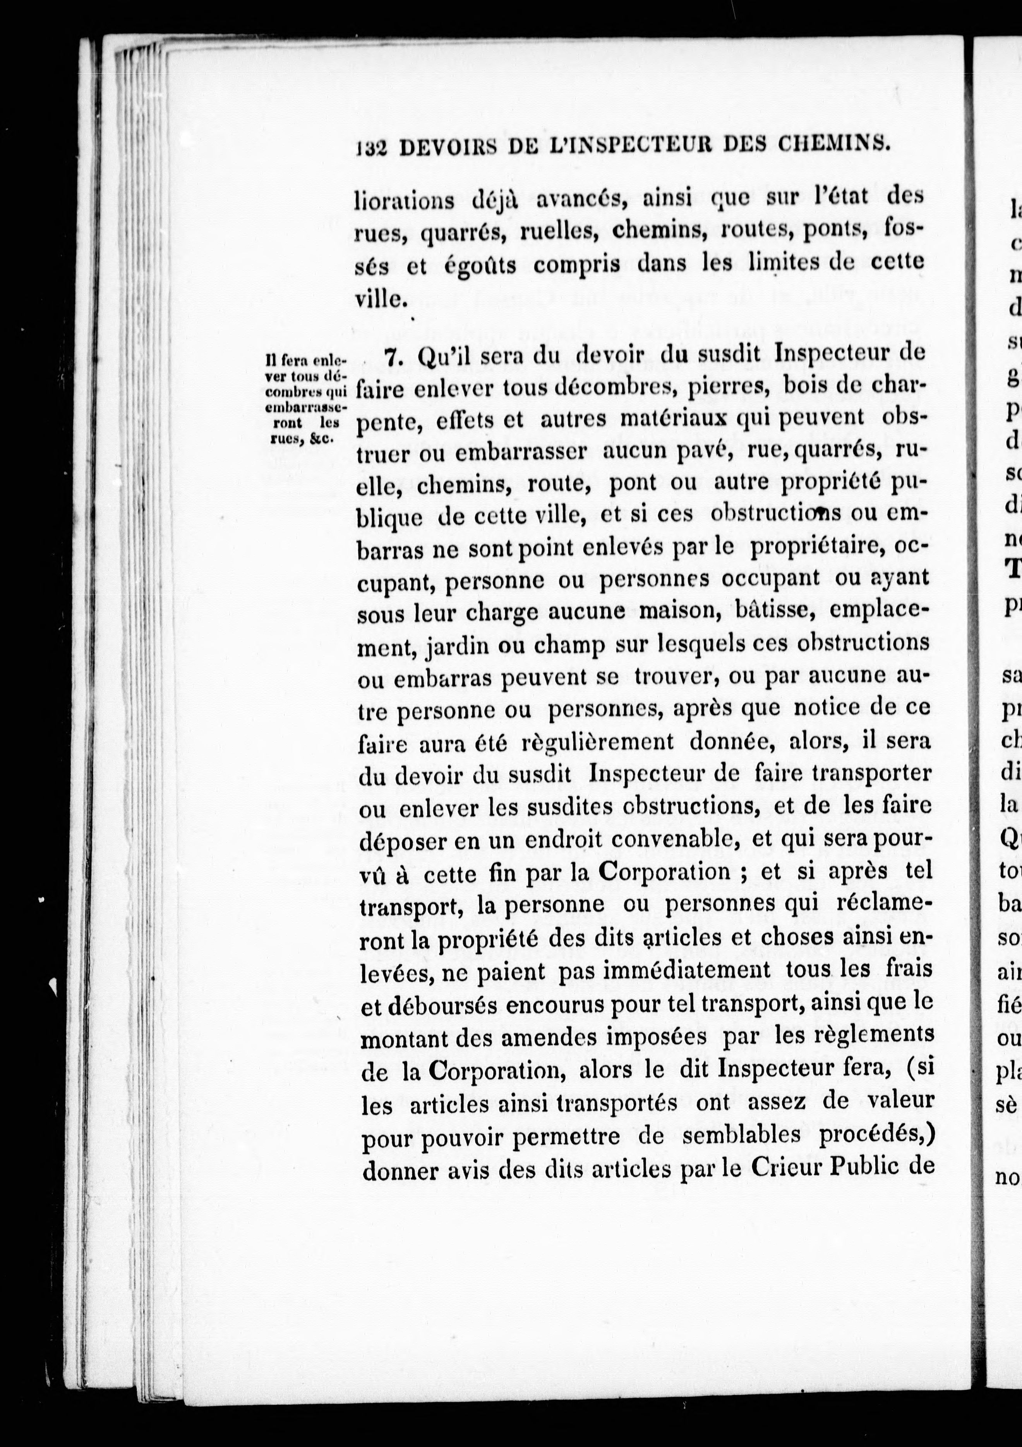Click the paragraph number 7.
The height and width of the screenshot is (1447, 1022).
[x=393, y=358]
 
